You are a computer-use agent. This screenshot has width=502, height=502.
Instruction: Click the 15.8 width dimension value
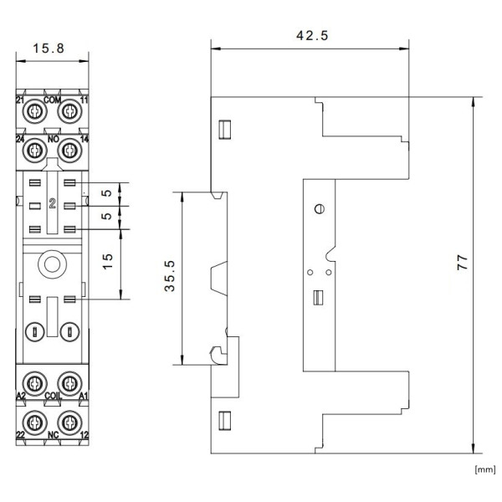click(49, 49)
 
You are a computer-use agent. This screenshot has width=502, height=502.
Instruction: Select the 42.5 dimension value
click(312, 35)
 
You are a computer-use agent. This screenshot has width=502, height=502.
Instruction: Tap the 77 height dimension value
click(463, 262)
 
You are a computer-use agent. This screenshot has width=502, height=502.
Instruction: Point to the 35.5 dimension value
click(170, 275)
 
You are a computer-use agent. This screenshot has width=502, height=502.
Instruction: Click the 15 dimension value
click(108, 261)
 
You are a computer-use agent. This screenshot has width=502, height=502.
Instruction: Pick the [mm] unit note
click(485, 469)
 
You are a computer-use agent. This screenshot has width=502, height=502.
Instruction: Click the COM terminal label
click(52, 100)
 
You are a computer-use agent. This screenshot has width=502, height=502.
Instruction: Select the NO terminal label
click(54, 139)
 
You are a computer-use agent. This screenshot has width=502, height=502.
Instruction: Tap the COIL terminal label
click(53, 396)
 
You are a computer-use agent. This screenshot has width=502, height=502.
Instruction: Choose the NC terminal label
click(54, 435)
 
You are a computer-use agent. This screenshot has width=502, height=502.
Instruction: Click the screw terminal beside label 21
click(34, 112)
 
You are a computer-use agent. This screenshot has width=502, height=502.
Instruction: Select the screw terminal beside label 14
click(69, 150)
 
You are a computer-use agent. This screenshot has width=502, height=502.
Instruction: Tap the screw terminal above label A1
click(69, 383)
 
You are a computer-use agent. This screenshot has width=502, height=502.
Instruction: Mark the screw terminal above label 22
click(34, 423)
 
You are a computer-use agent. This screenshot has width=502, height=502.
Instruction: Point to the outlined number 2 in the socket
click(53, 203)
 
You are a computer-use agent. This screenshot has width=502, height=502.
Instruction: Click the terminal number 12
click(85, 435)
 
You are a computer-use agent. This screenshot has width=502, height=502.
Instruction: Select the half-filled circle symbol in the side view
click(320, 209)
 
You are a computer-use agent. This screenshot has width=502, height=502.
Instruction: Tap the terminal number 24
click(20, 139)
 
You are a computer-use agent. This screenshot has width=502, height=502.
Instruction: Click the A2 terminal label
click(21, 396)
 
